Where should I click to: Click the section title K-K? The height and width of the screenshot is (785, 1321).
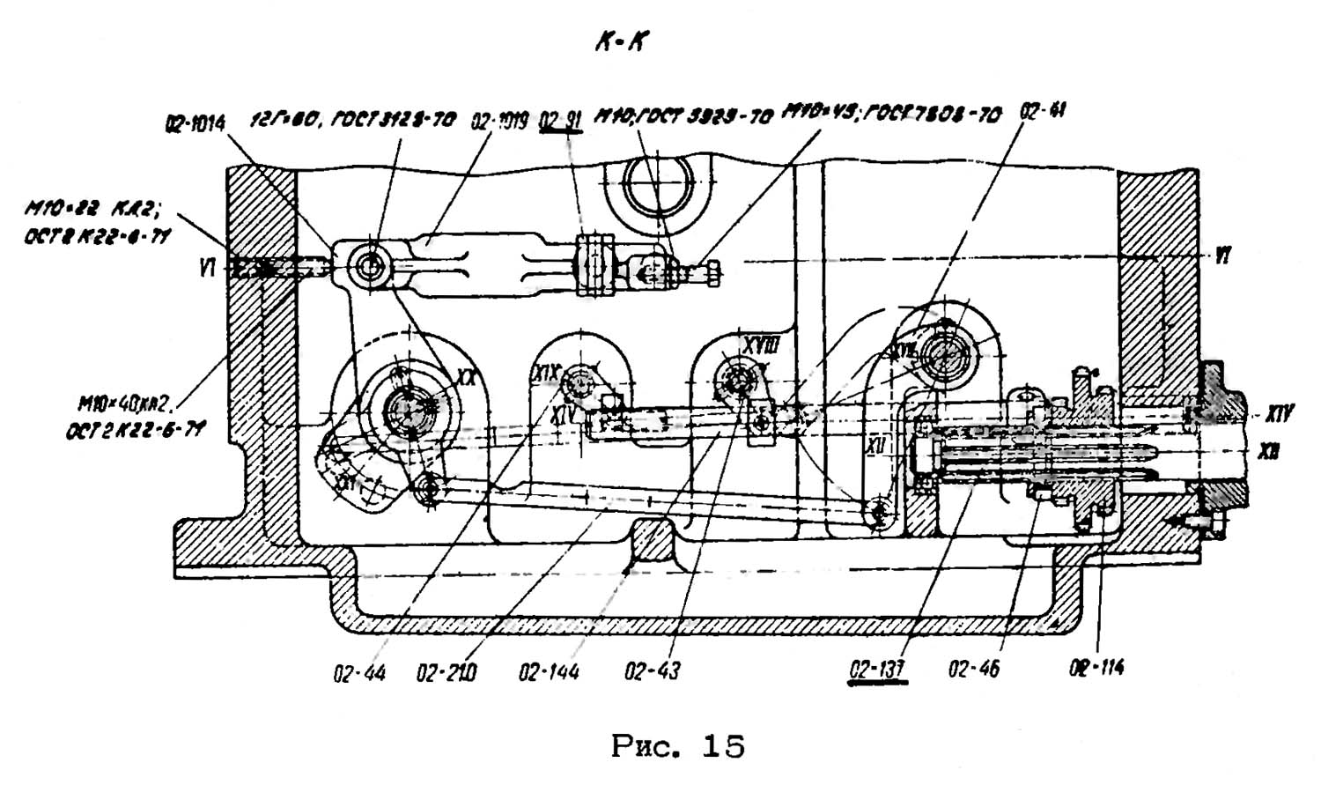click(x=620, y=41)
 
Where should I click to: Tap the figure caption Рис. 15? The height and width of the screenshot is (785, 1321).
click(x=677, y=747)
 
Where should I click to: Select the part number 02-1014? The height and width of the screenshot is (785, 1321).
click(x=195, y=124)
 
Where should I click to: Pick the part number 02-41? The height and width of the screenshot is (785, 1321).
click(x=1043, y=113)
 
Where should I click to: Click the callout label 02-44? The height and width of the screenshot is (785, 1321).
click(x=359, y=674)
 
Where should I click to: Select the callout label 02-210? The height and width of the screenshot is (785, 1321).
click(x=446, y=674)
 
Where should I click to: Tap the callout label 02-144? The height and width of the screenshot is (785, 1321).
click(x=550, y=673)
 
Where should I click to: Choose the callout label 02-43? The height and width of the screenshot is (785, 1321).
click(x=653, y=671)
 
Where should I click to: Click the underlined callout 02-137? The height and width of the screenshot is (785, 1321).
click(x=877, y=670)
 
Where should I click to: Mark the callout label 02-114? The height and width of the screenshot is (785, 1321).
click(x=1096, y=668)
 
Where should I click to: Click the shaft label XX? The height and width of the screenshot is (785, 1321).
click(x=466, y=377)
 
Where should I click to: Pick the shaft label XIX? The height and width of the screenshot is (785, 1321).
click(x=545, y=374)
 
